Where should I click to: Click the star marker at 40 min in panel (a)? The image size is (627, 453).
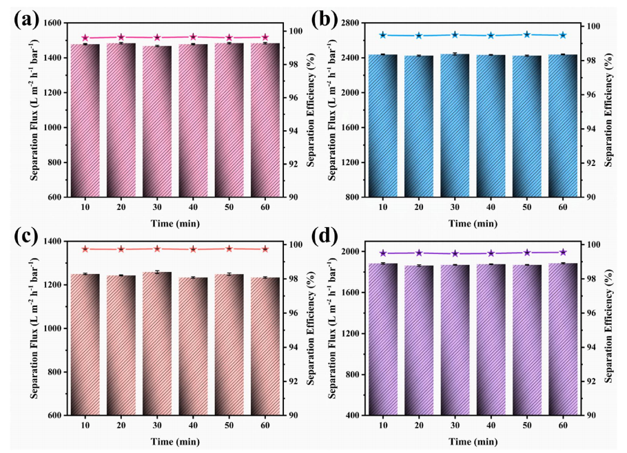(x=193, y=37)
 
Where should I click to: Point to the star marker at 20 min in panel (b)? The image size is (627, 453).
(x=418, y=35)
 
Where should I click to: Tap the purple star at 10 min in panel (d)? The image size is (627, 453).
(x=383, y=253)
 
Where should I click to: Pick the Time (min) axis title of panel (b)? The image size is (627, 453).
(x=472, y=223)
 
